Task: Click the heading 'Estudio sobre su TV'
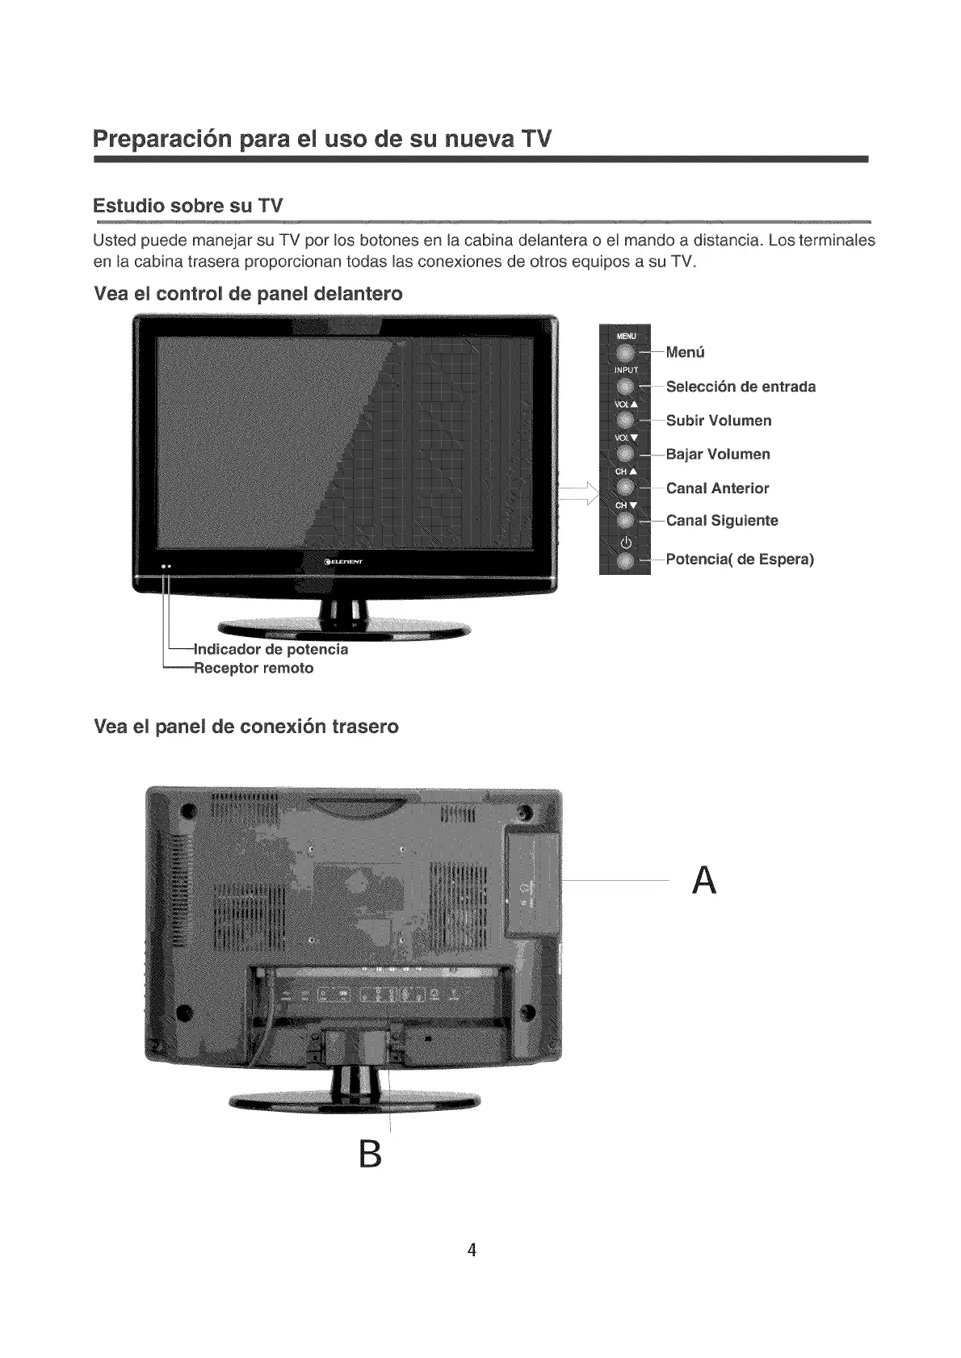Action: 188,205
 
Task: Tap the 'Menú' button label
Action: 686,352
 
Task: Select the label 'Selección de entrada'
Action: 741,387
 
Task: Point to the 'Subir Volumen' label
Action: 719,421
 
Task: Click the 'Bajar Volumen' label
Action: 718,455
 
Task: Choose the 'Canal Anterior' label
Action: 717,488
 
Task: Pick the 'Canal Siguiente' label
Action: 722,521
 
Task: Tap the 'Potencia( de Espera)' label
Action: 740,560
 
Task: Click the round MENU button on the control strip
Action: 625,352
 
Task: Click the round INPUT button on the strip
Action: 625,387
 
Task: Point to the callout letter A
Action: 704,880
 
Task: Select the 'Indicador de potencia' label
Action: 271,649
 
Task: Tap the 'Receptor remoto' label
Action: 254,669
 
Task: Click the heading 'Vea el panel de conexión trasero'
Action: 246,727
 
